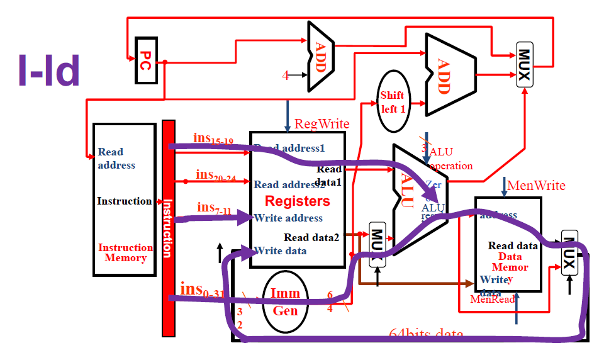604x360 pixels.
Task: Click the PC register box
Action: (x=145, y=59)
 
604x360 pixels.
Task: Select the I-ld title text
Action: (x=49, y=70)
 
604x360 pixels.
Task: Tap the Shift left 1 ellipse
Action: (x=392, y=101)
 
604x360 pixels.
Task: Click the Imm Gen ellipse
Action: (x=285, y=301)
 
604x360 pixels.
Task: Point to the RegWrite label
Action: (x=322, y=123)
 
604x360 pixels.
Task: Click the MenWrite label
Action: (x=536, y=185)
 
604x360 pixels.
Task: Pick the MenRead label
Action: (x=492, y=299)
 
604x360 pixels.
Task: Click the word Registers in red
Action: (x=297, y=201)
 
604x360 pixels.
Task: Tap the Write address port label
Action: (x=288, y=218)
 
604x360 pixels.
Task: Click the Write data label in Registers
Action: (x=281, y=250)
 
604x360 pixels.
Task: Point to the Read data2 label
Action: (x=311, y=237)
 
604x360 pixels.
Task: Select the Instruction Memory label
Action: (x=125, y=252)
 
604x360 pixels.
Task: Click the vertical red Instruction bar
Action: (x=167, y=214)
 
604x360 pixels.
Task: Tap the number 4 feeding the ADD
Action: (x=285, y=76)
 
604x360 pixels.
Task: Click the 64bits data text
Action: (x=427, y=334)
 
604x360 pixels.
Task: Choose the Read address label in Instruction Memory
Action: (x=116, y=158)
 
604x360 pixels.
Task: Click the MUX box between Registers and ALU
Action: (x=377, y=244)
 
